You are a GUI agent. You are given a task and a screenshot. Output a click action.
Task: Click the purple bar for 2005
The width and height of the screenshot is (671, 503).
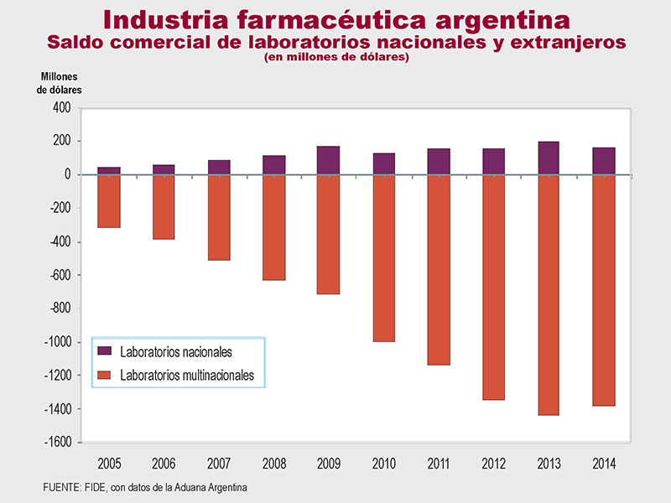(109, 170)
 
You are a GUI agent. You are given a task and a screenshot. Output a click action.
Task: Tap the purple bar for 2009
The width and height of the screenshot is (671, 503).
(330, 160)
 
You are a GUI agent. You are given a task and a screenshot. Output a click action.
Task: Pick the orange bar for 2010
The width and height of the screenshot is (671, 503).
(384, 258)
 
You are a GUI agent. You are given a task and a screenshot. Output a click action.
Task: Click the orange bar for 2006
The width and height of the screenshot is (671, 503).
(164, 207)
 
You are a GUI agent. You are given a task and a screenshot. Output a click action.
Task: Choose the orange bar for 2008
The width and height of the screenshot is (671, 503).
(274, 227)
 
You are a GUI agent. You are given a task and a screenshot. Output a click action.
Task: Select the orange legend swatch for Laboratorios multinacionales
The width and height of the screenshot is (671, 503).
(105, 376)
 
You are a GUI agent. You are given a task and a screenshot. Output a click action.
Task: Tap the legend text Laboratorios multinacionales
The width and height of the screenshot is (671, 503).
(187, 376)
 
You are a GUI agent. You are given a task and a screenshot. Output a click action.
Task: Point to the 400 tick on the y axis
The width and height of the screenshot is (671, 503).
(61, 107)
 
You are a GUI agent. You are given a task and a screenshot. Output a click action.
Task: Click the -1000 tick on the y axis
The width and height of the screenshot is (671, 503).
(57, 342)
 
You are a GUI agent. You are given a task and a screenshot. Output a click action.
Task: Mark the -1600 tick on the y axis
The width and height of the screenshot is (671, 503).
(57, 443)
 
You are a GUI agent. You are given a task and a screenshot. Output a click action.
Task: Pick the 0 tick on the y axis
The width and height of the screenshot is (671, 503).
(68, 174)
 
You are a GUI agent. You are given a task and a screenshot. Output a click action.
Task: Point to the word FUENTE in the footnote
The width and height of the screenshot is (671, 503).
(61, 487)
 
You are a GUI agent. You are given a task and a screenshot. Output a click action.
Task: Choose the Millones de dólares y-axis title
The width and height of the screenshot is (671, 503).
(59, 83)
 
